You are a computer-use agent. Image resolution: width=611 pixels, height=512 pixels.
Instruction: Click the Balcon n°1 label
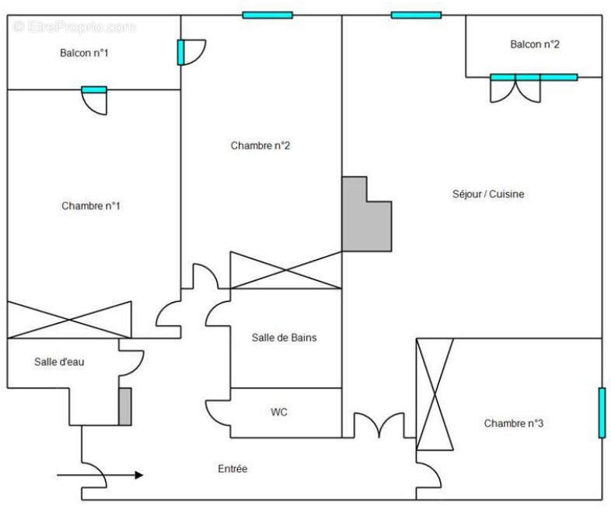84,53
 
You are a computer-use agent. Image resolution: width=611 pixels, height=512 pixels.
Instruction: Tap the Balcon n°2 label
535,44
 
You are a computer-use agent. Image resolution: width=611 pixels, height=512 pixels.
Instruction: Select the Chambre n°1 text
91,205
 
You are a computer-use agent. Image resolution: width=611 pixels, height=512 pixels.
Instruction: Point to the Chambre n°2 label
260,146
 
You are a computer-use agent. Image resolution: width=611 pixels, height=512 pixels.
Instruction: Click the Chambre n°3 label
513,423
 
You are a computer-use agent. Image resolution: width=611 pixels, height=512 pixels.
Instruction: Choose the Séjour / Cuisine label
488,194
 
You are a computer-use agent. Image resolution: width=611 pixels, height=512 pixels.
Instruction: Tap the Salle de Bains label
284,338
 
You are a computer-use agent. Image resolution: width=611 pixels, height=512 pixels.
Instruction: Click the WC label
279,412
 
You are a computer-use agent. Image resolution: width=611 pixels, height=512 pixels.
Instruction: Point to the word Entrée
232,468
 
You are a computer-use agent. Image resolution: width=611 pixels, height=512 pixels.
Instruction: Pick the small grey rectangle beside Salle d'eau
124,406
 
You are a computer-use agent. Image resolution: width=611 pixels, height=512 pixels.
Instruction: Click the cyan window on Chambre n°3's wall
602,412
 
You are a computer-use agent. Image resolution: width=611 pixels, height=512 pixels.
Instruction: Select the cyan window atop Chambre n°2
267,15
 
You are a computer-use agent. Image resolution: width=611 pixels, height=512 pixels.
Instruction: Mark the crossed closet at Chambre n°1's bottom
69,319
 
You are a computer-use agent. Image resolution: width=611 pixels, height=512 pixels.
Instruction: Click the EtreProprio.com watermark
74,26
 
